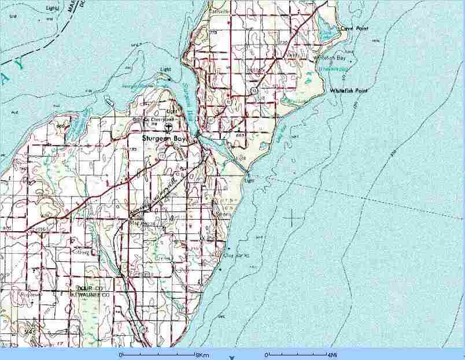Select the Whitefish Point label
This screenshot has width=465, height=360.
click(x=349, y=91)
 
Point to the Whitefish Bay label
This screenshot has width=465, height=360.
click(x=329, y=58)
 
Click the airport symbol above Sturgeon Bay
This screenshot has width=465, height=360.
click(x=167, y=127)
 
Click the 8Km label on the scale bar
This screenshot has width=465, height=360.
click(x=202, y=354)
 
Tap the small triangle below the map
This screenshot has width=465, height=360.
click(x=232, y=358)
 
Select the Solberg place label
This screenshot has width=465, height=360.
click(x=81, y=253)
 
